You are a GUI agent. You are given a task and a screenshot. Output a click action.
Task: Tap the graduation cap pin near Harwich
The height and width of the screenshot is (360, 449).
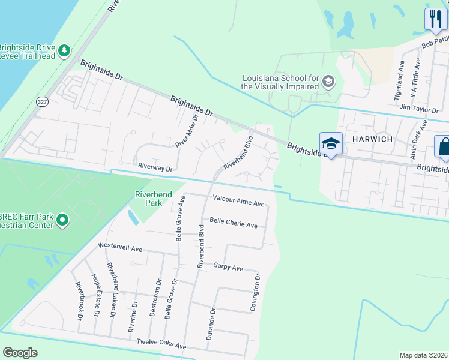coord(331,143)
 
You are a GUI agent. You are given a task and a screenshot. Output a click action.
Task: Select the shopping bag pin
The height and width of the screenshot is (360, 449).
coord(444,147)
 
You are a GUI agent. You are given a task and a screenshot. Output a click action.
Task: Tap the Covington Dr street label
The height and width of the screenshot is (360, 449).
coord(256,293)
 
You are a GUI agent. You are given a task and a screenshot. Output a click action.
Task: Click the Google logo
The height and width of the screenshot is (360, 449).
coord(20,353)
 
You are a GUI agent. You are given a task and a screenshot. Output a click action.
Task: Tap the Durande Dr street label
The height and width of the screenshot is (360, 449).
coord(210,325)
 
